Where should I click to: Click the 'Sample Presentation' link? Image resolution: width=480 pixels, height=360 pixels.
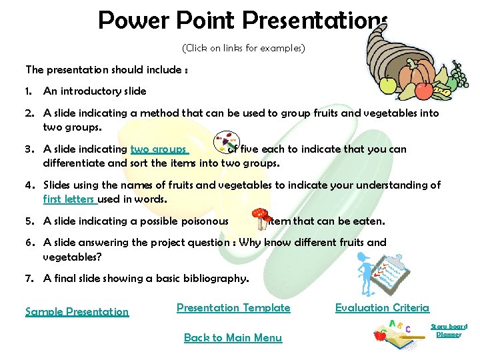(77, 311)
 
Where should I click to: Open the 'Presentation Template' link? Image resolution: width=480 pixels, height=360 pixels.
(233, 307)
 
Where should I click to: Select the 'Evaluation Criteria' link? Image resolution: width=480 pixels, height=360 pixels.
(382, 307)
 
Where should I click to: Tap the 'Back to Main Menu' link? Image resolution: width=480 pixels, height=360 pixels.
(233, 337)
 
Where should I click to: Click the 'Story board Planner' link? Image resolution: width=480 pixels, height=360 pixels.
(449, 330)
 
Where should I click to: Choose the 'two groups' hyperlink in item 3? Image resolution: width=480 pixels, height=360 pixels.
(159, 149)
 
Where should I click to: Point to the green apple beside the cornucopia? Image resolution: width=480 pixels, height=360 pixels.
(387, 85)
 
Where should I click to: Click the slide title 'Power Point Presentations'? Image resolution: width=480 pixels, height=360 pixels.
(242, 20)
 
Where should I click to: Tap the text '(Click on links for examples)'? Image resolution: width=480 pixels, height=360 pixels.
(243, 48)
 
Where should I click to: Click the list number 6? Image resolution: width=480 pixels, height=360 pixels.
(29, 243)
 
